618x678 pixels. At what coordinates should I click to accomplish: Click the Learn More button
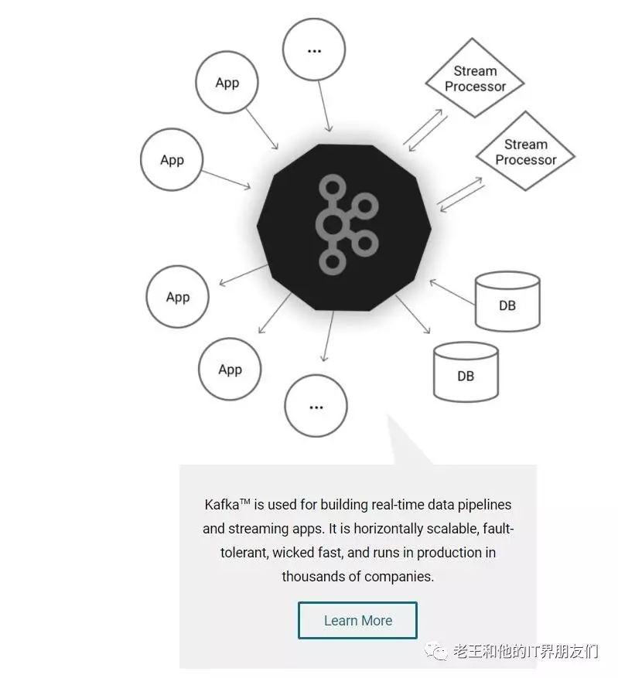pyautogui.click(x=357, y=620)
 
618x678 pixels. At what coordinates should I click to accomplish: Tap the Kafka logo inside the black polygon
pyautogui.click(x=344, y=225)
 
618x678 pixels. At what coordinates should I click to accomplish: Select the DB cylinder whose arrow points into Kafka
pyautogui.click(x=507, y=300)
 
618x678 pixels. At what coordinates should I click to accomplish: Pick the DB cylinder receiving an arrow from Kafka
pyautogui.click(x=466, y=372)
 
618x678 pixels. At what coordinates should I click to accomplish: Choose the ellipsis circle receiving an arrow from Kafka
pyautogui.click(x=316, y=406)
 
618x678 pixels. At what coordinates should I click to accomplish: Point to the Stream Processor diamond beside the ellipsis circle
pyautogui.click(x=475, y=79)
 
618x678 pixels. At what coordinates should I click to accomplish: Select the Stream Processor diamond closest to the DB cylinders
pyautogui.click(x=525, y=152)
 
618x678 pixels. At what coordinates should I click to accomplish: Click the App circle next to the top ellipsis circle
pyautogui.click(x=227, y=83)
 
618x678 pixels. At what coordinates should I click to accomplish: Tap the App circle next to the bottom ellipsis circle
pyautogui.click(x=230, y=370)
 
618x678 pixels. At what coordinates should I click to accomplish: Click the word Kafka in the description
pyautogui.click(x=222, y=505)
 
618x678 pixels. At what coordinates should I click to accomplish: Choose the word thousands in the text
pyautogui.click(x=312, y=577)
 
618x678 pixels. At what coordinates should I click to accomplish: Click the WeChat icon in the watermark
pyautogui.click(x=439, y=652)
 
